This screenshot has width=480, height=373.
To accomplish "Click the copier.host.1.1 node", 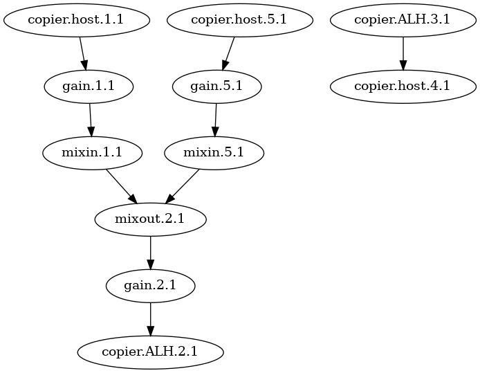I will (77, 20).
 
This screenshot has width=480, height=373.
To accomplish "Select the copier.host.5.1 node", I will (240, 20).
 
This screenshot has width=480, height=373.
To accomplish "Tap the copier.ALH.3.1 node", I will (403, 20).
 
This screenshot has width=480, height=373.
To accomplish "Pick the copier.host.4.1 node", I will (403, 87).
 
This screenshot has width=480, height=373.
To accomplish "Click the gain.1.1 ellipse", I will (89, 87).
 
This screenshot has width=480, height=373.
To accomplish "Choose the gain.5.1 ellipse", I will (217, 87).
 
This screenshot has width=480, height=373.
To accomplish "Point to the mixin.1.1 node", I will (93, 153).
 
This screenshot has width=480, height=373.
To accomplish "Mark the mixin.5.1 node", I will (214, 153).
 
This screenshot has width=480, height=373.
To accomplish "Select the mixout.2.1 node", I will (150, 219).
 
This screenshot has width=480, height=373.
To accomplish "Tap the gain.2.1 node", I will (150, 285).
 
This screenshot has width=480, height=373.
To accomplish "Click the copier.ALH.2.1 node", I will (150, 352).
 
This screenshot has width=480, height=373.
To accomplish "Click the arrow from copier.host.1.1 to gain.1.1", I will (82, 53).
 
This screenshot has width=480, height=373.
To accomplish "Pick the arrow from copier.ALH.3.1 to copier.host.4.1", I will (403, 53).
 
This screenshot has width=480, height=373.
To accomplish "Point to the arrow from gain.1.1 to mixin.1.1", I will (91, 120).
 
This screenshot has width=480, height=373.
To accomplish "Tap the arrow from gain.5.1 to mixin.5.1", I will (216, 120).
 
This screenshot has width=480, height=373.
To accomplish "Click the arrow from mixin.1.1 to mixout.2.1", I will (120, 185).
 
